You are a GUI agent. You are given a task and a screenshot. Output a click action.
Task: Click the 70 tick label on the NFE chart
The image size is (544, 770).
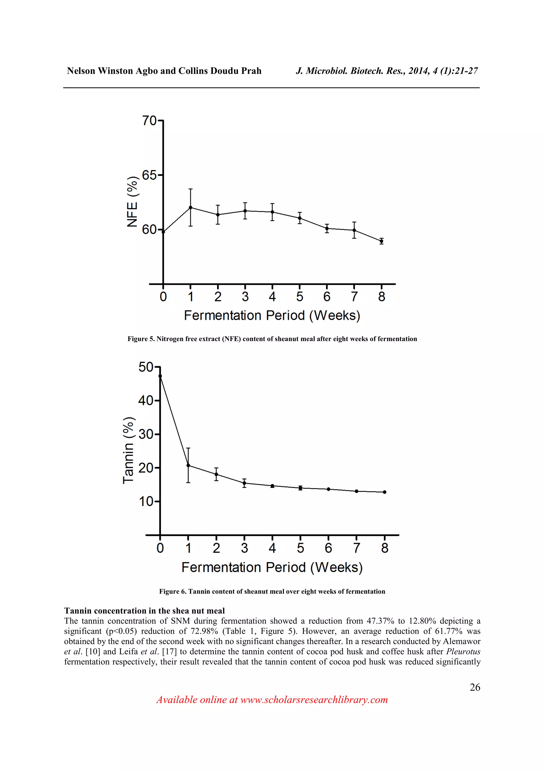click(149, 120)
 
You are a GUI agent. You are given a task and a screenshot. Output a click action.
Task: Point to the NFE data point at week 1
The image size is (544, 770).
click(190, 207)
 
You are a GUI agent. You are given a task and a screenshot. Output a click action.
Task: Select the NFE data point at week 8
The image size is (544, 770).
click(381, 241)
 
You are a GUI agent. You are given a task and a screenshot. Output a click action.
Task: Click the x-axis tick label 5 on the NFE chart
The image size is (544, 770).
click(299, 297)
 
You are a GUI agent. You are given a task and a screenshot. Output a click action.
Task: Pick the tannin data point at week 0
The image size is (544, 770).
click(160, 376)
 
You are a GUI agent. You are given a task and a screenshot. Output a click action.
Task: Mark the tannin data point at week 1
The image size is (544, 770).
click(188, 466)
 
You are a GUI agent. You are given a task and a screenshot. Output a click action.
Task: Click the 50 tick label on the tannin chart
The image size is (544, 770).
click(146, 367)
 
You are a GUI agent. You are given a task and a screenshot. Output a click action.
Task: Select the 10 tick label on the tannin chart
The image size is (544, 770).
click(146, 502)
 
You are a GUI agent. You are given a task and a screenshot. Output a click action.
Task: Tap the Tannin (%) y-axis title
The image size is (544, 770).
click(128, 450)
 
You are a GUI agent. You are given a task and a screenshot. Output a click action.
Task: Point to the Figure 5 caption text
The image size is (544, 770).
click(272, 339)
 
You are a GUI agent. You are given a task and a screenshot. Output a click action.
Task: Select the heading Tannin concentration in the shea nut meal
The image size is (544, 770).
click(144, 611)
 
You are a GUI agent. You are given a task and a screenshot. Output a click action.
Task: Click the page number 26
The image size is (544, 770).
click(475, 687)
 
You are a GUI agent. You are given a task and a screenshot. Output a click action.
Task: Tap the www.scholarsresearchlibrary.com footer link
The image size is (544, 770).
click(314, 700)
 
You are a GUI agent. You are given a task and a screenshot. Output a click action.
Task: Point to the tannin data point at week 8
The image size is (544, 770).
click(384, 492)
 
